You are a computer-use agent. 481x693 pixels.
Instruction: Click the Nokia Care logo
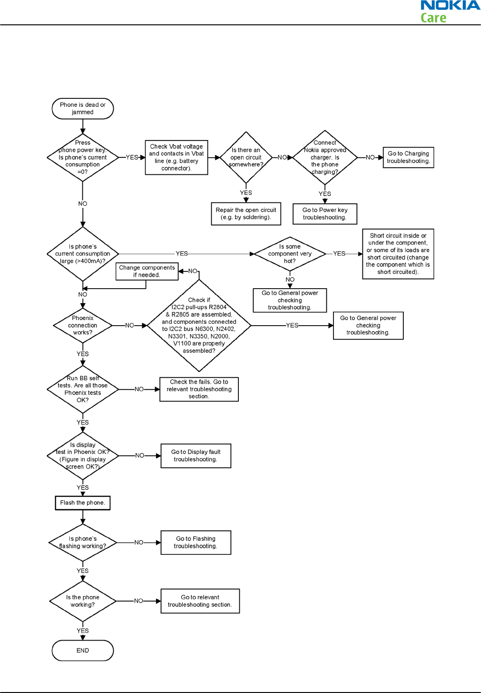pos(450,12)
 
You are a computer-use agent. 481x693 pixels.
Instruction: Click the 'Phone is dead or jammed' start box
pos(83,108)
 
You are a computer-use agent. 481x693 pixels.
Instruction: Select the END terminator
pos(83,650)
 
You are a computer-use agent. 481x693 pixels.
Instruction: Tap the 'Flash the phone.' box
pos(82,503)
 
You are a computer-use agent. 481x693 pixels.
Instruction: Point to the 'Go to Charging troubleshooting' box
pos(408,157)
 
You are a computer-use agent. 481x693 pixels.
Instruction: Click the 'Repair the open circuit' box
pos(246,214)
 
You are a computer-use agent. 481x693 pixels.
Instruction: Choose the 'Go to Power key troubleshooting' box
pos(325,214)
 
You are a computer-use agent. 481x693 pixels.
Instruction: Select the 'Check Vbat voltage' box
pos(177,157)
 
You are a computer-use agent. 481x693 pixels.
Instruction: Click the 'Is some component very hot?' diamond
pos(290,253)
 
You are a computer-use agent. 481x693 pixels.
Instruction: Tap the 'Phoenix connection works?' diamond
pos(82,325)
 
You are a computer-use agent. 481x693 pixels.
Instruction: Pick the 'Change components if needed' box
pos(147,271)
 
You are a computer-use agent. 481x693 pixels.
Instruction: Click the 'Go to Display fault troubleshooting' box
pos(196,455)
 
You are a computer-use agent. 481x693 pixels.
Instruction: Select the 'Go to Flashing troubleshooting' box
pos(196,543)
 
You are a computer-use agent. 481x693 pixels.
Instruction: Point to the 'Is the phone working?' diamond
pos(82,601)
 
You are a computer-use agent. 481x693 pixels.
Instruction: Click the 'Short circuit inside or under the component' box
pos(398,254)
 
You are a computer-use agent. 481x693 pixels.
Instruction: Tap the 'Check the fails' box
pos(199,389)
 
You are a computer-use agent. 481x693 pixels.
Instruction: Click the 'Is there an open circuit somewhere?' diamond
pos(246,157)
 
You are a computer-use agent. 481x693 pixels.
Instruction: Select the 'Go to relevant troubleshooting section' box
pos(200,601)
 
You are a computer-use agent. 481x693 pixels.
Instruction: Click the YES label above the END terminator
pos(82,631)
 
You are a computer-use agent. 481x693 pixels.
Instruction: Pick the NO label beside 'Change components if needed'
pos(192,271)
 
